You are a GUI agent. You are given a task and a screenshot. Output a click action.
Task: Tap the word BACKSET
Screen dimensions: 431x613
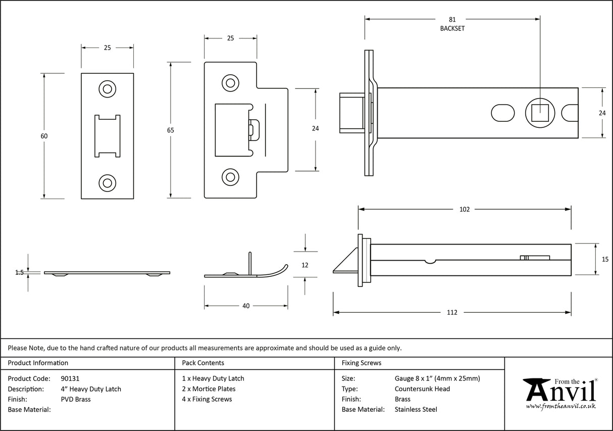coord(452,29)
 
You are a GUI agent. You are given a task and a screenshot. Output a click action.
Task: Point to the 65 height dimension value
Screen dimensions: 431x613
coord(170,130)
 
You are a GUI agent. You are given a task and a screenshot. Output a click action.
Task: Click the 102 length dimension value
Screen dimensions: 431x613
coord(465,209)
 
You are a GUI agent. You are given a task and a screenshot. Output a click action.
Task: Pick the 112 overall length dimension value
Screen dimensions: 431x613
coord(452,312)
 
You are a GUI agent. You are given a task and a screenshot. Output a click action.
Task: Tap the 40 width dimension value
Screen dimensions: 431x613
coord(246,306)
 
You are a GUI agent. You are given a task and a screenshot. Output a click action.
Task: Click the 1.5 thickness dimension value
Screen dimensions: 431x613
coord(20,272)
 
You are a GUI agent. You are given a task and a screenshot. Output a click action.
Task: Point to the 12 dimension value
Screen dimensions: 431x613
coord(304,265)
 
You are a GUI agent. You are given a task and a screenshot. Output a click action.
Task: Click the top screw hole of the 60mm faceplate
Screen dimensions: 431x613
coord(107,89)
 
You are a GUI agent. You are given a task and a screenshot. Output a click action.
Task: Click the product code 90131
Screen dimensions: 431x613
coord(70,378)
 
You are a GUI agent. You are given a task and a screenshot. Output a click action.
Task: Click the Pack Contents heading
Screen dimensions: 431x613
coord(203,363)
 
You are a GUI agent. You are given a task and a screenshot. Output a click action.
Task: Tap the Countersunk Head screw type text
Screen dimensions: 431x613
coord(422,389)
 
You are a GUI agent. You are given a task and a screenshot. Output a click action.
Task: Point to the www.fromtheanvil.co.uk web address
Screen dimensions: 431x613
coord(560,406)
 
